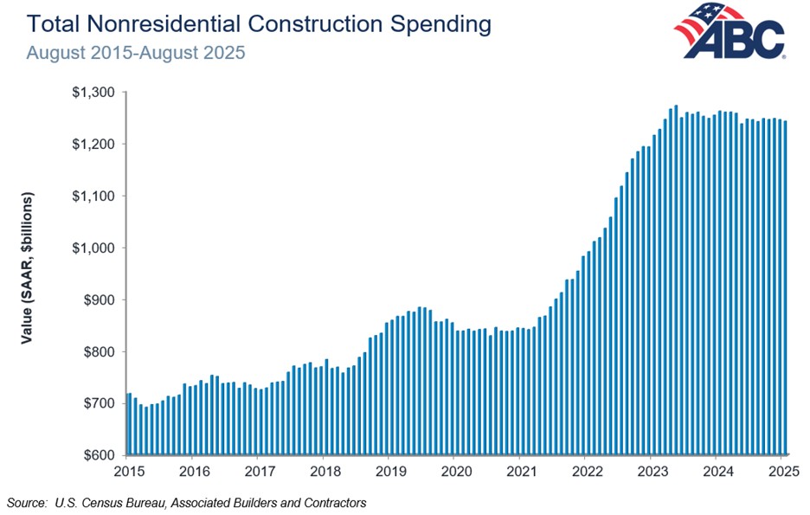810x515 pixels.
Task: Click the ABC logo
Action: pos(729,32)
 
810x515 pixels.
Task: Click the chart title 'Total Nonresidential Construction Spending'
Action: pos(259,23)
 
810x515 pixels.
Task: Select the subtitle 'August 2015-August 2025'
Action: pos(136,52)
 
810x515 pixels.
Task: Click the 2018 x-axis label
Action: pos(323,472)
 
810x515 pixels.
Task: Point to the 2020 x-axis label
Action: pos(453,472)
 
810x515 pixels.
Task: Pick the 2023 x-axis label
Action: pos(650,472)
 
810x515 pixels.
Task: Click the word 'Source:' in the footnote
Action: pos(26,502)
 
